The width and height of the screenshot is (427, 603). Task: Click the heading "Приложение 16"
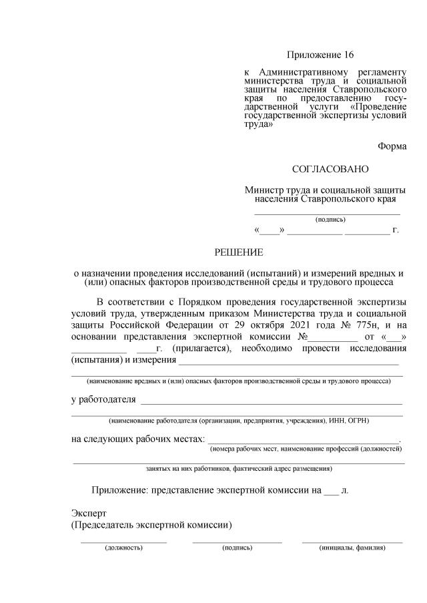coord(320,54)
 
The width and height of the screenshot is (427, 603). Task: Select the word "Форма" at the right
coord(392,146)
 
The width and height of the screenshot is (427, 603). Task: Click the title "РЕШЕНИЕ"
coord(238,252)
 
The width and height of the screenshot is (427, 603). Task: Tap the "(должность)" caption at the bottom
coord(123,548)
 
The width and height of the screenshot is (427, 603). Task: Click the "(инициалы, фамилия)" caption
coord(352,548)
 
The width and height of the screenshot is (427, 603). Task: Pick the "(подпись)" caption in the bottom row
coord(237,548)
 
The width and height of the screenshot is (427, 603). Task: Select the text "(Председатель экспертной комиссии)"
coord(151,525)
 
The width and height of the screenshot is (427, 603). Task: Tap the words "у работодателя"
coord(103,400)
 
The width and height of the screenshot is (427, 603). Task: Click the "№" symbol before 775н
coord(344,325)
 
